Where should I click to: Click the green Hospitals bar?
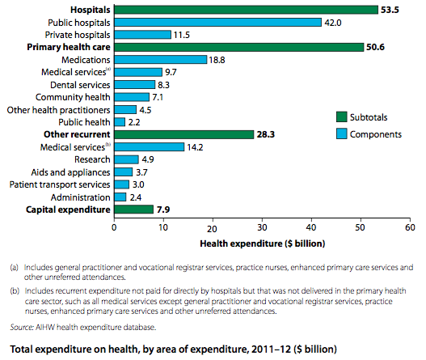tap(246, 10)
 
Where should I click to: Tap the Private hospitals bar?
tap(142, 36)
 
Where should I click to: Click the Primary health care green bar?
tap(238, 48)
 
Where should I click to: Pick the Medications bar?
tap(160, 60)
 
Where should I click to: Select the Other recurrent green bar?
tap(183, 134)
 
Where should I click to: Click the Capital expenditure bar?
tap(133, 210)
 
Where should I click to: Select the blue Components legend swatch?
tap(342, 133)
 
